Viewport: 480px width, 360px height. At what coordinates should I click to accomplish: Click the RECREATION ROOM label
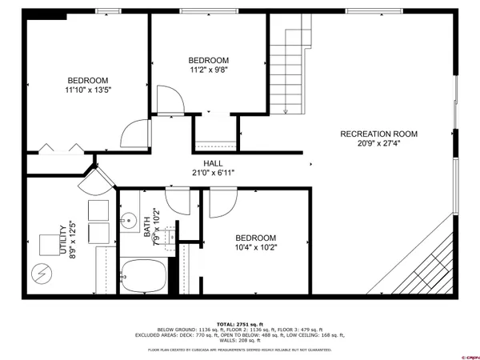379,134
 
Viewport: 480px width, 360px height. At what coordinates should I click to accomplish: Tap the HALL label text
212,163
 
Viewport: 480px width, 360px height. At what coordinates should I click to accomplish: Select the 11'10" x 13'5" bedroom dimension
88,90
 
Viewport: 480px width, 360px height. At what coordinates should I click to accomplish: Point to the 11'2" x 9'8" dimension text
209,70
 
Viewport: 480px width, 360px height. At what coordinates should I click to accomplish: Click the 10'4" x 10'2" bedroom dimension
255,248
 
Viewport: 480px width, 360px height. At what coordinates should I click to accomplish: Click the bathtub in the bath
144,276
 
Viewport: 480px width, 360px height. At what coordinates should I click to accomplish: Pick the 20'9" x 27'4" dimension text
379,144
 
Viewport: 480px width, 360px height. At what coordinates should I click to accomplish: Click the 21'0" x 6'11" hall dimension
212,173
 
